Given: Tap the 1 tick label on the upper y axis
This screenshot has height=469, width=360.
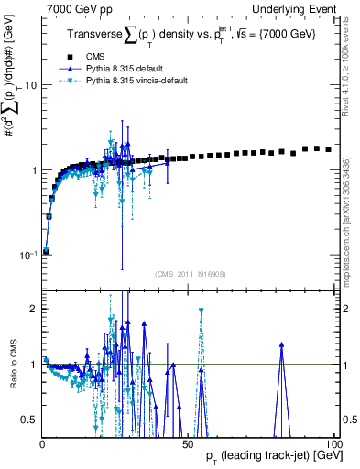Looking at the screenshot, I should click(33, 170).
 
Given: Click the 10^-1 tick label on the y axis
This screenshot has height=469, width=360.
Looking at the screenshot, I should click(27, 255).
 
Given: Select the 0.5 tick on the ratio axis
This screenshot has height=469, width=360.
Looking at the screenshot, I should click(29, 420).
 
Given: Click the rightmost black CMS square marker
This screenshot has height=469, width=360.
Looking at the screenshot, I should click(329, 149).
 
